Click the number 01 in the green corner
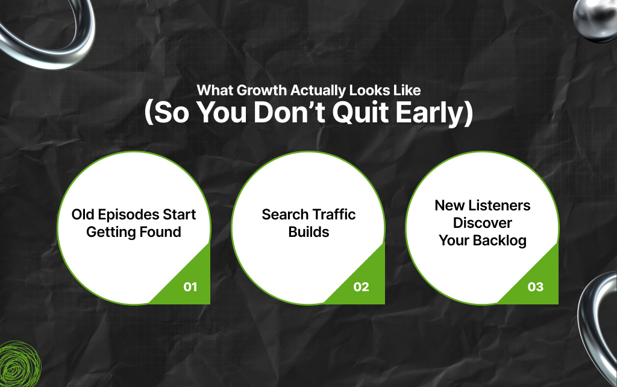coord(190,287)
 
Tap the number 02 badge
coord(361,287)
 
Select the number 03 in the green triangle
coord(535,287)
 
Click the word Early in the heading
coord(439,113)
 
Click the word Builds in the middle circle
coord(308,232)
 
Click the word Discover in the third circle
coord(483,223)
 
